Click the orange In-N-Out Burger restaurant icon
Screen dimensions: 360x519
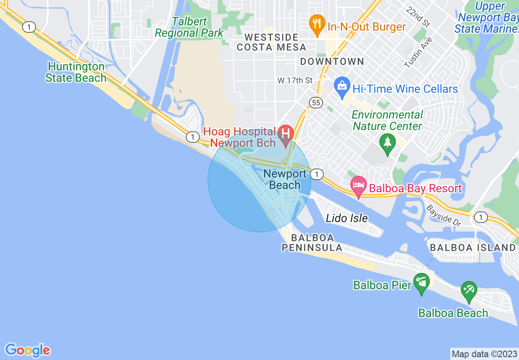pos(316,24)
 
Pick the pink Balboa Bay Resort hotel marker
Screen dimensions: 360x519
pos(359,186)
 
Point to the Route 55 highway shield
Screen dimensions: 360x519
pos(316,103)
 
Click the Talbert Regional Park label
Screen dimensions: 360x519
pos(189,27)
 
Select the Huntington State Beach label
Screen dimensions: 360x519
pos(76,72)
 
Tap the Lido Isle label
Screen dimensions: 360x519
pos(347,218)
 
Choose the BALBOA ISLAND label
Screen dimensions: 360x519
pos(473,248)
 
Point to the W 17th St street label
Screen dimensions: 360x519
pos(295,81)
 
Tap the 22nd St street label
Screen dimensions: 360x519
pos(418,17)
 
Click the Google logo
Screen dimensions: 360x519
pos(28,350)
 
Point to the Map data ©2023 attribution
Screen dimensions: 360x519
pos(484,354)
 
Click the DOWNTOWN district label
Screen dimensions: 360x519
pos(332,62)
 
